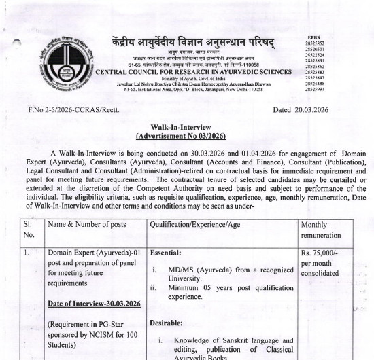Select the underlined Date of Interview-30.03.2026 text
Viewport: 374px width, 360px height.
[94, 303]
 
